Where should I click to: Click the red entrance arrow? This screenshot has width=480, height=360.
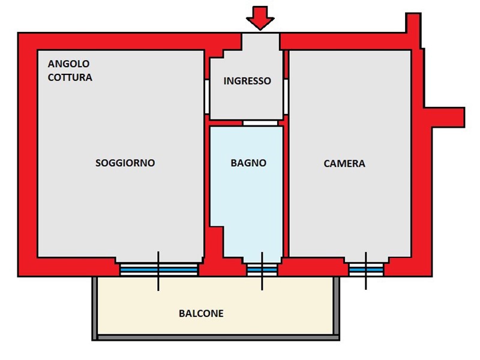coord(260,17)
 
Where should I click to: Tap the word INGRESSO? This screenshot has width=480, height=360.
coord(247,81)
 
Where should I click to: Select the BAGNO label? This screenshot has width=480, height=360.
coord(248,163)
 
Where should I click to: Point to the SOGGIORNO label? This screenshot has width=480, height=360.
coord(125,163)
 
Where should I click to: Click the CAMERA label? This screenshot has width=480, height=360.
coord(344,163)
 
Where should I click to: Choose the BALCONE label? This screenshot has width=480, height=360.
coord(201,313)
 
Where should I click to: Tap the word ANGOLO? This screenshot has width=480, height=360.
coord(69,64)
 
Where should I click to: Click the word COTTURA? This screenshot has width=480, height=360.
coord(70,77)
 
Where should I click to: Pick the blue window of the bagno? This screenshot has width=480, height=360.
coord(262,271)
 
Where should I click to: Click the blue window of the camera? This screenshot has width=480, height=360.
coord(366,271)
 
